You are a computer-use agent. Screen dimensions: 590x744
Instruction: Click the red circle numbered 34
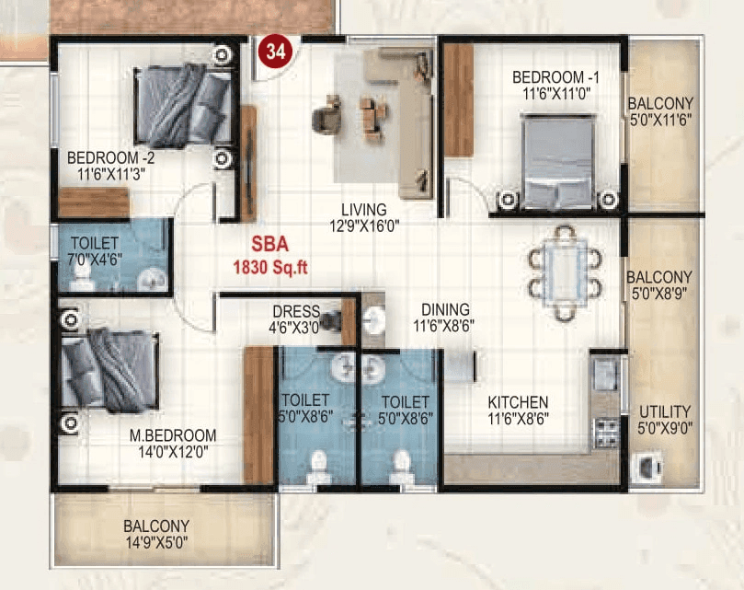click(x=275, y=52)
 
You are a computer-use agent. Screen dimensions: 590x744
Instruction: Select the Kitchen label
click(x=518, y=411)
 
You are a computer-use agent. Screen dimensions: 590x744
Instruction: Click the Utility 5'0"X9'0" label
click(x=664, y=420)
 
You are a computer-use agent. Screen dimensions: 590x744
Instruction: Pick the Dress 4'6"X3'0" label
click(x=295, y=318)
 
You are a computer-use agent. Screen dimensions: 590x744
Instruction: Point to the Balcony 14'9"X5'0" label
click(x=156, y=534)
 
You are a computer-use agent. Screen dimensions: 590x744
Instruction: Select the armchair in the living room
click(x=326, y=119)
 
